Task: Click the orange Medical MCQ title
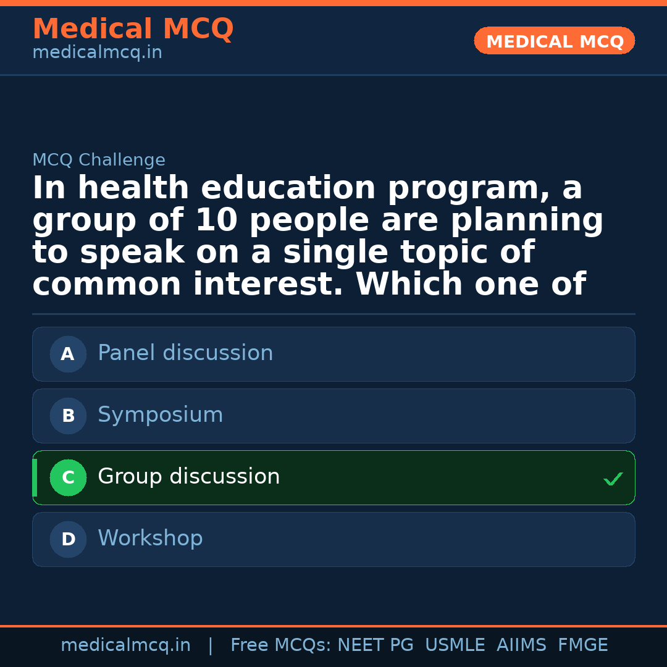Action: [133, 29]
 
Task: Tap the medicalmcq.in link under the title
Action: [97, 53]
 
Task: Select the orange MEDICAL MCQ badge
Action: [555, 41]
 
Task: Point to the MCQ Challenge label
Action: [99, 161]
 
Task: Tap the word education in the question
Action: [288, 188]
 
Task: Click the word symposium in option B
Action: [161, 415]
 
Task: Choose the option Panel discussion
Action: [185, 353]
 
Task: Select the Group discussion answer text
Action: [189, 477]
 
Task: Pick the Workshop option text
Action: [150, 539]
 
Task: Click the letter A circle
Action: [68, 354]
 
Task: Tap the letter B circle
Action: [68, 416]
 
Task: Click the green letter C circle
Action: [68, 477]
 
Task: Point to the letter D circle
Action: [68, 539]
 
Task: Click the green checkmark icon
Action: [613, 479]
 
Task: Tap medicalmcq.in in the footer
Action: [125, 645]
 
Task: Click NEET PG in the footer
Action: [375, 645]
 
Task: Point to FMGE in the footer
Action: [582, 645]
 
